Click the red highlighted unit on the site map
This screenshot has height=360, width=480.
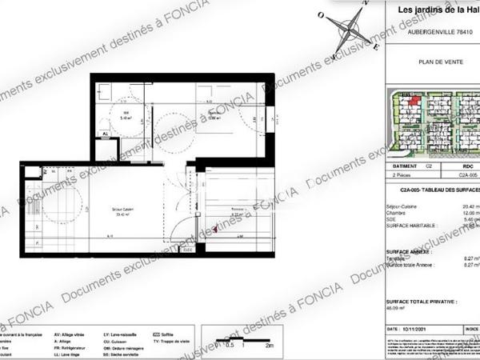(x=414, y=99)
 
